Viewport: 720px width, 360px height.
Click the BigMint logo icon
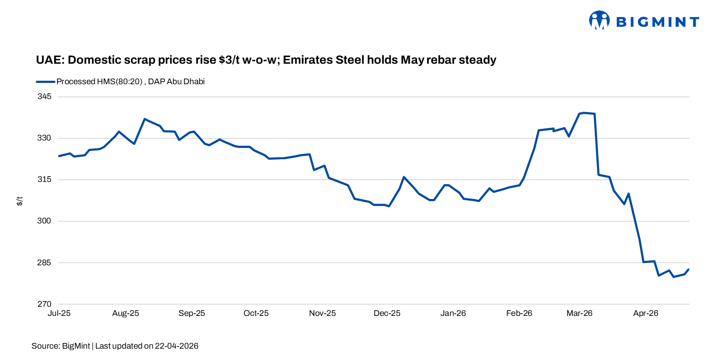pos(599,20)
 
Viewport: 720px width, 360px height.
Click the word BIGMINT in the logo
pos(658,22)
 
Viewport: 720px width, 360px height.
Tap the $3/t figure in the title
pos(229,60)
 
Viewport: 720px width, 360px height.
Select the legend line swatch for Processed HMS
pos(45,82)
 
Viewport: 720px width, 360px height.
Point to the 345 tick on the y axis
pos(44,96)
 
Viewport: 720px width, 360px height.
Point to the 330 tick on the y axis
pos(44,138)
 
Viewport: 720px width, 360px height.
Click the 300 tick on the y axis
pos(44,221)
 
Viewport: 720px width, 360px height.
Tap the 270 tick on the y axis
pos(44,304)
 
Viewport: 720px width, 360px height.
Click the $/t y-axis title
pos(20,201)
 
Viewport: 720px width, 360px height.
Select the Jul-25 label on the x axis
pos(59,313)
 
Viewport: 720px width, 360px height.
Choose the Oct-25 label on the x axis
pos(256,313)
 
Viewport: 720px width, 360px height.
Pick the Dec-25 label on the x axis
pos(387,313)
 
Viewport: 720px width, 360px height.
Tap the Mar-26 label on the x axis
pos(579,313)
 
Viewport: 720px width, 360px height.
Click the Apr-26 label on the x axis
pos(645,313)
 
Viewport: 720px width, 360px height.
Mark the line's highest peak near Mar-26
pos(584,113)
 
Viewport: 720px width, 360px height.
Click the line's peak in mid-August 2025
pos(144,119)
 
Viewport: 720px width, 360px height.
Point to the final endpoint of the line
pos(689,269)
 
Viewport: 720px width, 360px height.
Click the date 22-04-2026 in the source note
pos(176,346)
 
